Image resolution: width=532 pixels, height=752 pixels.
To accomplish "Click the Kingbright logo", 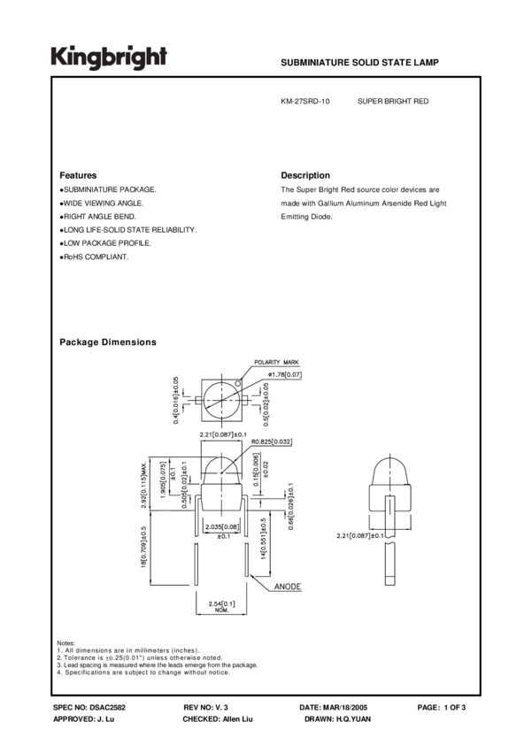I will [108, 58].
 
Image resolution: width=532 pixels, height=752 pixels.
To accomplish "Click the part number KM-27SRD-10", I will [305, 102].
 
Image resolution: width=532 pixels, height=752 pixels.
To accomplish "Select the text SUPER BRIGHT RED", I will [392, 102].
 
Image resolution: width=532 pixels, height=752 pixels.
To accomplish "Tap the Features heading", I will [78, 175].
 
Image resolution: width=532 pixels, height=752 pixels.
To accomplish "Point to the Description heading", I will [305, 175].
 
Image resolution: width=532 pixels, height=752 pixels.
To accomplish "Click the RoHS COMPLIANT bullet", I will [95, 257].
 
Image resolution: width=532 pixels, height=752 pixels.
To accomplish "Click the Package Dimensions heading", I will [107, 342].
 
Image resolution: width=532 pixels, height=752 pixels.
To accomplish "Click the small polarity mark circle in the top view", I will [238, 383].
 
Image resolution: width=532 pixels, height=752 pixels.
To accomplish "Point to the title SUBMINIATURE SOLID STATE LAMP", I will [359, 64].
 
